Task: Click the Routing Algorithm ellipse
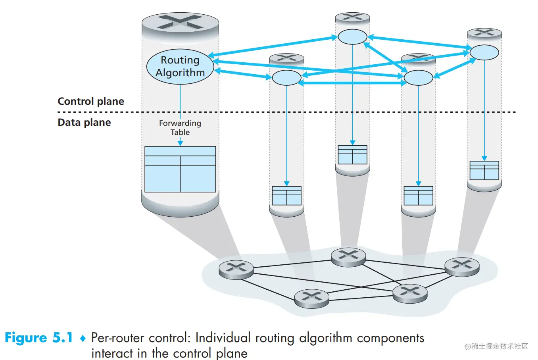pos(180,66)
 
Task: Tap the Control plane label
pos(91,101)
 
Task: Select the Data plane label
pos(84,122)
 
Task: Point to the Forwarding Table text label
pos(180,127)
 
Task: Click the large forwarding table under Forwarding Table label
pos(180,169)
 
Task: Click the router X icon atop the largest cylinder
pos(180,22)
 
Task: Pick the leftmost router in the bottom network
pos(236,270)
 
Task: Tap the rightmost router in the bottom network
pos(462,266)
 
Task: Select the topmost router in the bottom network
pos(348,256)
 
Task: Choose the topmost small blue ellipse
pos(352,37)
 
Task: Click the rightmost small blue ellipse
pos(484,52)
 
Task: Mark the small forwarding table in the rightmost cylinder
pos(484,170)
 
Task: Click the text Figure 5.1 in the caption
pos(38,338)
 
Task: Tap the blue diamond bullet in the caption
pos(83,339)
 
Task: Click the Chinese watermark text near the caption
pos(496,346)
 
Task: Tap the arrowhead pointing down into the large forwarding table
pos(180,143)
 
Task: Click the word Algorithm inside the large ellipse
pos(180,73)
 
